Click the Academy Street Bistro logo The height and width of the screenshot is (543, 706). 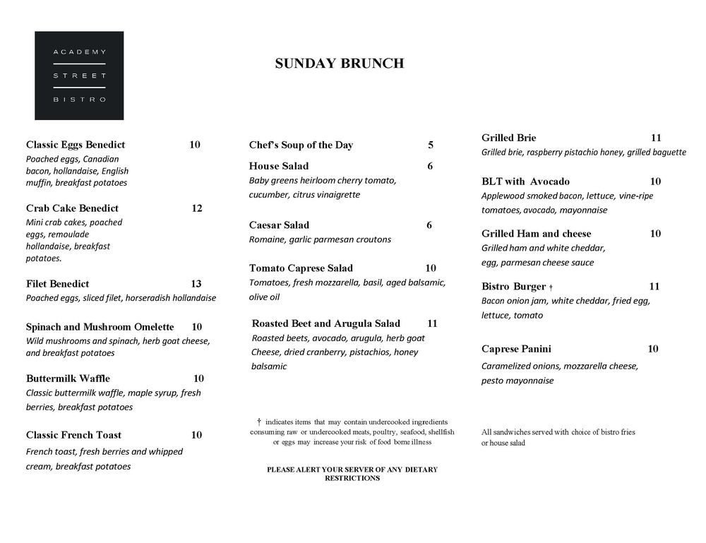point(79,76)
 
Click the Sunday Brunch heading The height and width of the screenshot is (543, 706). point(339,64)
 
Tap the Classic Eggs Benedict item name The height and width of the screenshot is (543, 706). point(76,145)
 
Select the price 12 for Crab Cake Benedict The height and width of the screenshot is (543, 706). point(196,208)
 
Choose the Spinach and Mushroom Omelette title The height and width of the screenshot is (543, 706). point(100,327)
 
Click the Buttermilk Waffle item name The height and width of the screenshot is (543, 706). point(68,378)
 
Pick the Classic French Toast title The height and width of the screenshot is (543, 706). point(73,435)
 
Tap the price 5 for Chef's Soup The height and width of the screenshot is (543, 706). point(431,145)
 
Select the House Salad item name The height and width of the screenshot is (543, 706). point(279,166)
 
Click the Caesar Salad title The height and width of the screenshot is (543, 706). point(279,225)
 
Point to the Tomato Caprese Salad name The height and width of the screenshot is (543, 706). point(301,268)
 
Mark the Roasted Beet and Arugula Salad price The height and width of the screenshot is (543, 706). point(432,323)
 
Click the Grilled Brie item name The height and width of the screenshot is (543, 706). point(508,138)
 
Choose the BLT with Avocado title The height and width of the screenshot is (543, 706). point(525,181)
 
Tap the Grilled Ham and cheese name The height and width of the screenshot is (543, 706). point(537,234)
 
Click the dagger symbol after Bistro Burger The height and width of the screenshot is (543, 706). point(550,287)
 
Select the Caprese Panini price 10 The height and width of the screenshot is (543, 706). point(653,349)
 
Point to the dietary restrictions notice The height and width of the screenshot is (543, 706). point(352,474)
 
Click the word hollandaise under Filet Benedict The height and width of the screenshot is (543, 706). point(191,298)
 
